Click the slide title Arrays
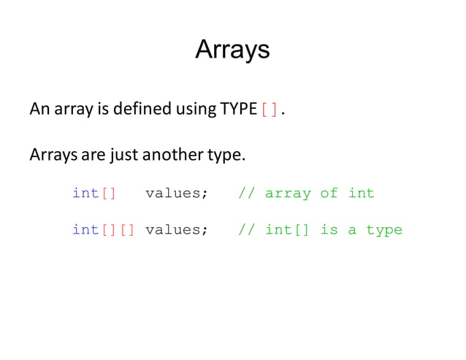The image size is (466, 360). [232, 50]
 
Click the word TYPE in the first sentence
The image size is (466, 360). [237, 110]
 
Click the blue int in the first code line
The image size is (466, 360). [85, 194]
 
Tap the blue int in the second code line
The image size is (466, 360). [85, 230]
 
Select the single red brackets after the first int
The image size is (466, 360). [108, 194]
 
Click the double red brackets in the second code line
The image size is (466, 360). [117, 230]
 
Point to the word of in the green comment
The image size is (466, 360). [329, 194]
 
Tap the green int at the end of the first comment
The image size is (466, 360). [361, 194]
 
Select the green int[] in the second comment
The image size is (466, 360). [288, 230]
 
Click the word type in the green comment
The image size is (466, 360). [384, 231]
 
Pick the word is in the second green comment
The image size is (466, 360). [329, 230]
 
